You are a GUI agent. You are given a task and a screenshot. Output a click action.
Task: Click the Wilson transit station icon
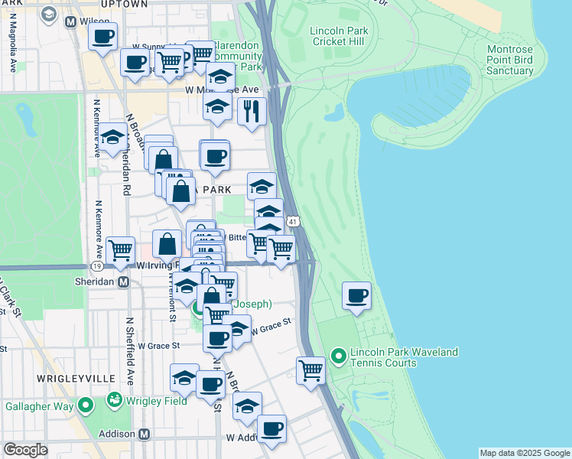[72, 22]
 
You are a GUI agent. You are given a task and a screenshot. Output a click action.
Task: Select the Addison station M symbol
[143, 434]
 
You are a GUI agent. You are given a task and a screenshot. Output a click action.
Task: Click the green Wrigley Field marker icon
[115, 399]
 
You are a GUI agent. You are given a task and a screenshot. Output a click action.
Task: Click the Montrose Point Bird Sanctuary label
[510, 60]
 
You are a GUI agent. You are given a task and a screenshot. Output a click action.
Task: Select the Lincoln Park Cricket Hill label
[339, 36]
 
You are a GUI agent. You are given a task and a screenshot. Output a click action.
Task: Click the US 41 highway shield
[293, 222]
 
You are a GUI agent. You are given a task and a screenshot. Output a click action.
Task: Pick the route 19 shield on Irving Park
[97, 266]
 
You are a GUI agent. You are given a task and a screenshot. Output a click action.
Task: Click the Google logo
[25, 450]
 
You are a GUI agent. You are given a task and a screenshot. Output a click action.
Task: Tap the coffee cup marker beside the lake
[356, 296]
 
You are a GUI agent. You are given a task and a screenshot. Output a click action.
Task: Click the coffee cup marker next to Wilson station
[102, 36]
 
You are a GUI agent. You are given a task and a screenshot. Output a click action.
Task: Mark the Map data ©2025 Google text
[524, 453]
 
